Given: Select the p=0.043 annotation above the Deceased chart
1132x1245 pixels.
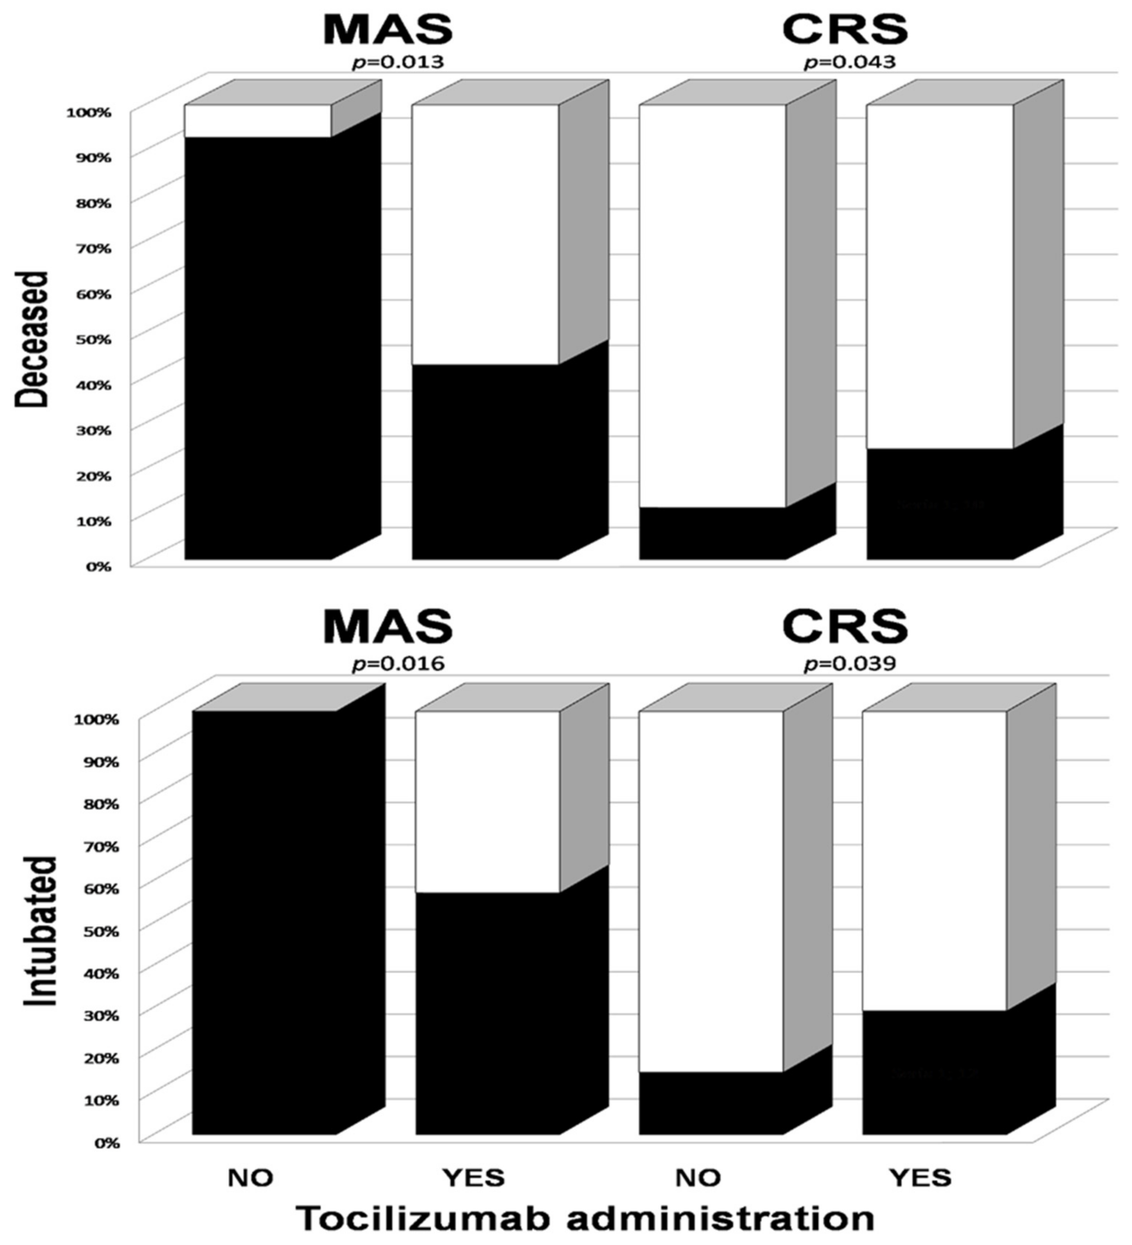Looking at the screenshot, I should [x=849, y=62].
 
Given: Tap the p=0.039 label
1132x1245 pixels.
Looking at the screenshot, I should [x=849, y=664].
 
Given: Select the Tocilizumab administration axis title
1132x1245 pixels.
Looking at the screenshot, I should [x=584, y=1219].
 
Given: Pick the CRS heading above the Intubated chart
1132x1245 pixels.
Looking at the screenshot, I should [x=845, y=628].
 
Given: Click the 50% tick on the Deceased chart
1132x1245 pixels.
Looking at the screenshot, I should [x=94, y=339].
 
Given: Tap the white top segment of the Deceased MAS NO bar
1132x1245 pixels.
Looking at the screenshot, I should [x=258, y=120].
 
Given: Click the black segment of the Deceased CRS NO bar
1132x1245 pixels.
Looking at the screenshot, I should [x=712, y=534].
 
